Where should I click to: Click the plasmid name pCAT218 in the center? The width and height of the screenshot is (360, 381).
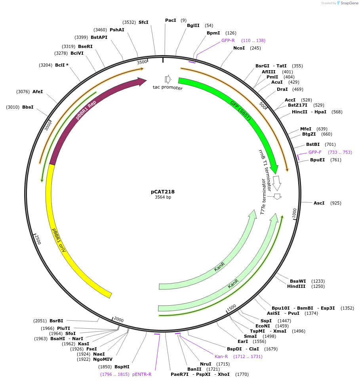point(163,191)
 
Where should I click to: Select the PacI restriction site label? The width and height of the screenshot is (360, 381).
point(171,20)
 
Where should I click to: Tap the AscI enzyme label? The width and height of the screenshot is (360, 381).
point(319,203)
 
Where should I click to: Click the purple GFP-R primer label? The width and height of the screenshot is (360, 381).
point(228,40)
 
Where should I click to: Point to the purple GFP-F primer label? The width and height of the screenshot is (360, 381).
point(315,152)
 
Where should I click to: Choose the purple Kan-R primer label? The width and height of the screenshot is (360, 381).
point(221,356)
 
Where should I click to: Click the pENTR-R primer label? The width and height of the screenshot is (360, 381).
point(142,374)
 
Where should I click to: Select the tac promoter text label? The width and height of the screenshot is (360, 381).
point(168,87)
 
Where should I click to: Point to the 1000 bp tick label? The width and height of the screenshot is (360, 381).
point(294,213)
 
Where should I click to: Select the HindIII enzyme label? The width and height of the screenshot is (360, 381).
point(295,286)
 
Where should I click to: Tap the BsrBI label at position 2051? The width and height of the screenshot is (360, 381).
point(56,321)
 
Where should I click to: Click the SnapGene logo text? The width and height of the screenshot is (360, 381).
point(350,3)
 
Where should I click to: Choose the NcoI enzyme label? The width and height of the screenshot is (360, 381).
point(239,48)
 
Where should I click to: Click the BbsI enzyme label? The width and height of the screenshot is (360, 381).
point(28,107)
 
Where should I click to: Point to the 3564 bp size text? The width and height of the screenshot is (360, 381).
point(163,197)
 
